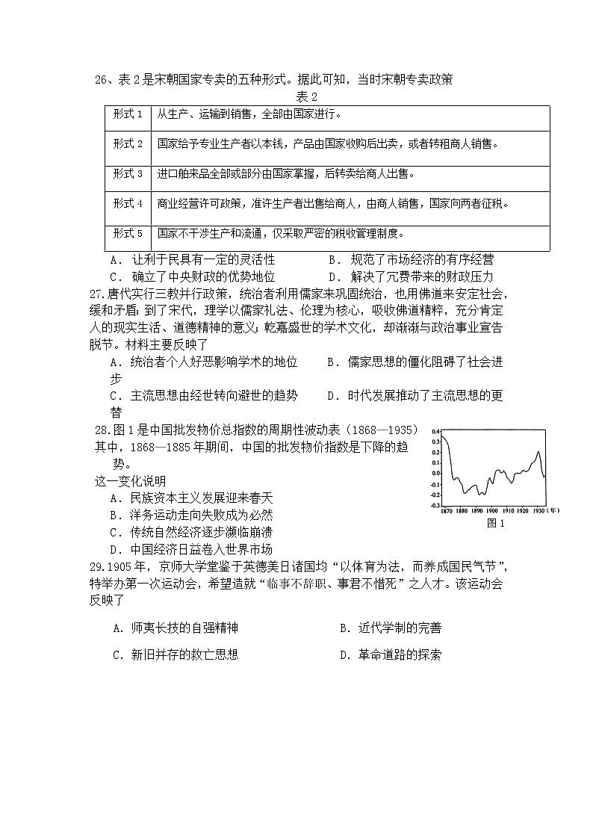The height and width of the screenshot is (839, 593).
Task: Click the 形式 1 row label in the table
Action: coord(128,114)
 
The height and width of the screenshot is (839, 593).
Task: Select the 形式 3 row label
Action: coord(128,174)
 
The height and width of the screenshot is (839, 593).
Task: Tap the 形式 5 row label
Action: coord(128,233)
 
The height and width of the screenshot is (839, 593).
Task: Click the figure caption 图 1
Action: coord(496,523)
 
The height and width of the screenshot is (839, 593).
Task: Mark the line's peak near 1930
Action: coord(538,451)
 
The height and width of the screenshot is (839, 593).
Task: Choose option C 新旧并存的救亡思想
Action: coord(176,655)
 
